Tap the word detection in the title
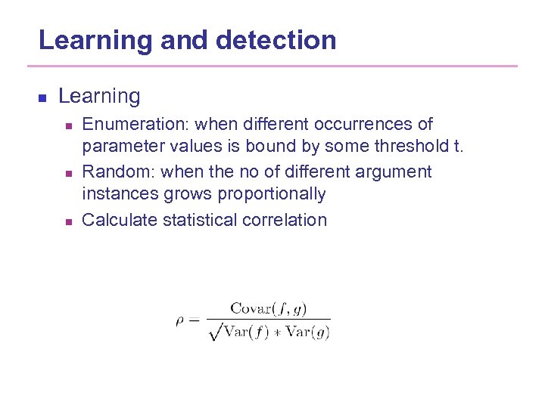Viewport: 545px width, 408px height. pos(276,40)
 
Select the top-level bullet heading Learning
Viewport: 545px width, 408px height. pos(99,97)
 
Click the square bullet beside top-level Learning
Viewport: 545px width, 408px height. pos(42,97)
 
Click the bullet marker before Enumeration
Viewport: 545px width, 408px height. pos(68,125)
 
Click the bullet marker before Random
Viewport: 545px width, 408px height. pos(68,174)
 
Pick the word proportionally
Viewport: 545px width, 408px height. pos(272,194)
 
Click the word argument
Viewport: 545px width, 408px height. pos(394,172)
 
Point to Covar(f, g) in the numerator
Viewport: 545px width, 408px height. pos(269,308)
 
